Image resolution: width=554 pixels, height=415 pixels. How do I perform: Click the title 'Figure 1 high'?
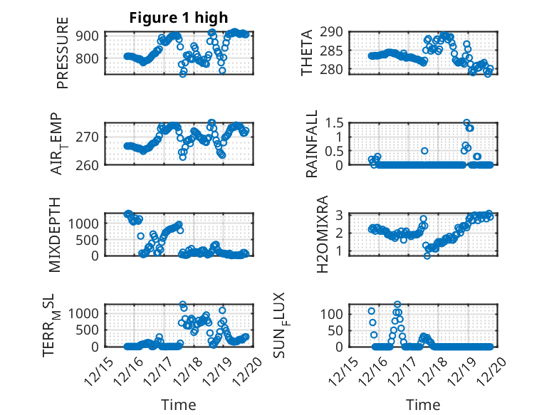coord(178,19)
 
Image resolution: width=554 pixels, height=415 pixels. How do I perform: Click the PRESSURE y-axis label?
coord(63,53)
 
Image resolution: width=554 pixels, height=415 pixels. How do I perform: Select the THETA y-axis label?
coord(307,53)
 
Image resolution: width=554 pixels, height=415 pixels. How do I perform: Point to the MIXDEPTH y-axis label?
coord(56,234)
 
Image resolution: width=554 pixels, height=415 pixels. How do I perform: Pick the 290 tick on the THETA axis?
coord(336,32)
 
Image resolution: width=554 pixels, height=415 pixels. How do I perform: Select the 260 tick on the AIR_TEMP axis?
coord(93,164)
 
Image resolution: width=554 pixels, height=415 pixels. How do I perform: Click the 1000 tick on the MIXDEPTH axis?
coord(87,223)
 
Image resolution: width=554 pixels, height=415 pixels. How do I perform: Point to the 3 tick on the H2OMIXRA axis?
coord(343,214)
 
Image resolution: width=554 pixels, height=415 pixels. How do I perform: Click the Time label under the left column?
coord(178,404)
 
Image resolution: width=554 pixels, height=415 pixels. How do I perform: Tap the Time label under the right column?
coord(423,404)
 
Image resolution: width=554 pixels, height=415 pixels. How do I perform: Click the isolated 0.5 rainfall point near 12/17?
coord(424,151)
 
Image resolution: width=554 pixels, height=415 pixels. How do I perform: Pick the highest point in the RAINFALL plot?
coord(467,122)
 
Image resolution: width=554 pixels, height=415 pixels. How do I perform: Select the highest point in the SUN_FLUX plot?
coord(397,305)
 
